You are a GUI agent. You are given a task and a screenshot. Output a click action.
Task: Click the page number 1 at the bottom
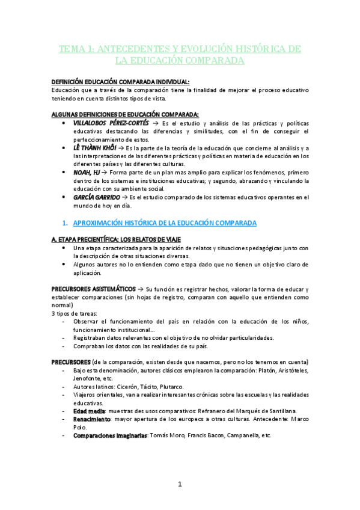click(x=179, y=484)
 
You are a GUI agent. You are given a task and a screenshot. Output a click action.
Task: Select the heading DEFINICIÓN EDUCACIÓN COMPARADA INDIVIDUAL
click(x=120, y=82)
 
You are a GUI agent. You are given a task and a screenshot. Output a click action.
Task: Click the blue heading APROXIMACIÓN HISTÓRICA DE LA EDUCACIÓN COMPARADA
click(x=164, y=223)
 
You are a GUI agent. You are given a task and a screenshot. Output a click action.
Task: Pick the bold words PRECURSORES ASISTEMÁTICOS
click(x=94, y=289)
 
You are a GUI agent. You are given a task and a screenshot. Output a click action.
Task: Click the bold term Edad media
click(x=90, y=411)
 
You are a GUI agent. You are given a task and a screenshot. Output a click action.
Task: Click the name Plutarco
click(x=188, y=387)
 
